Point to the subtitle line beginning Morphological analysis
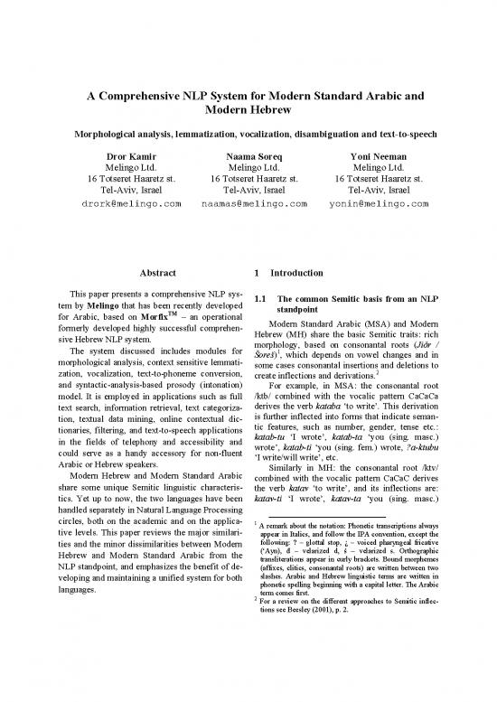(x=248, y=134)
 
